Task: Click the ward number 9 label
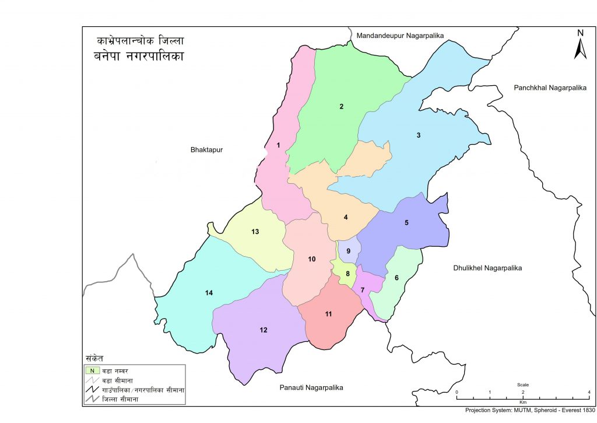[x=348, y=251]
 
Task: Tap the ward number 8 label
[x=348, y=274]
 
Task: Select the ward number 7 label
[x=363, y=291]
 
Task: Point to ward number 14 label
[x=209, y=293]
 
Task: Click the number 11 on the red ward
[x=328, y=314]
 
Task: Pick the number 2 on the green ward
[x=342, y=106]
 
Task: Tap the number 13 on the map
[x=255, y=232]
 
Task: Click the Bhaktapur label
[x=206, y=150]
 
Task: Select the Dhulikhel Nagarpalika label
[x=487, y=268]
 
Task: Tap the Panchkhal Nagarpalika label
[x=549, y=88]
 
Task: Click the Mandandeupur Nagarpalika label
[x=400, y=36]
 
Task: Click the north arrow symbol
[x=580, y=45]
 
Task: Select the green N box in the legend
[x=91, y=370]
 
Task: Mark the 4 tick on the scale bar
[x=589, y=392]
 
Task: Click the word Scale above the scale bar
[x=523, y=385]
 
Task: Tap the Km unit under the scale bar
[x=522, y=403]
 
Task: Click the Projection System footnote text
[x=529, y=410]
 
